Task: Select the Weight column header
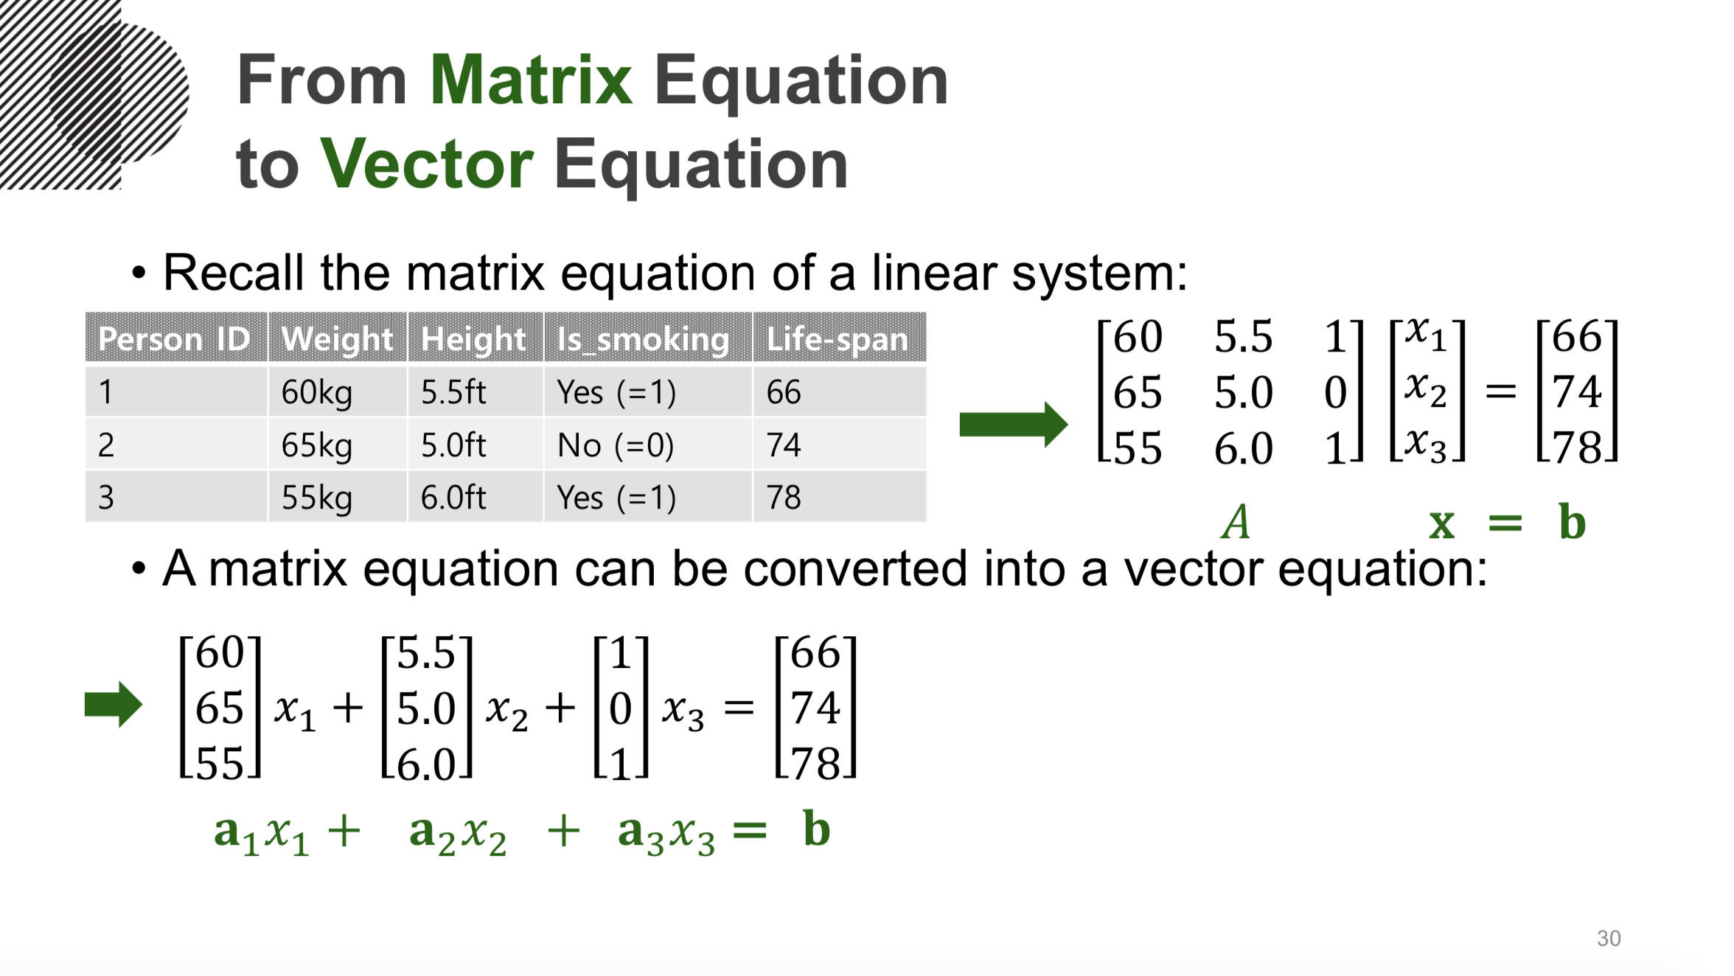point(337,338)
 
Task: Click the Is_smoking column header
point(643,339)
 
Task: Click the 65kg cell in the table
point(317,445)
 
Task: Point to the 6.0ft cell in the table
point(453,498)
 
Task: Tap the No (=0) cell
point(616,445)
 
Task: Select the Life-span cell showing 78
point(784,498)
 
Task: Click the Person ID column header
point(175,339)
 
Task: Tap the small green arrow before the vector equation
point(113,704)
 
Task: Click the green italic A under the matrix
point(1236,523)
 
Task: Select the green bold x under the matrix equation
point(1441,524)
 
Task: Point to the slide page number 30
point(1608,938)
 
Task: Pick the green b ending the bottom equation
point(817,829)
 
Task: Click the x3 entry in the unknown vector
point(1426,445)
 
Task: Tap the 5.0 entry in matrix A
point(1243,391)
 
